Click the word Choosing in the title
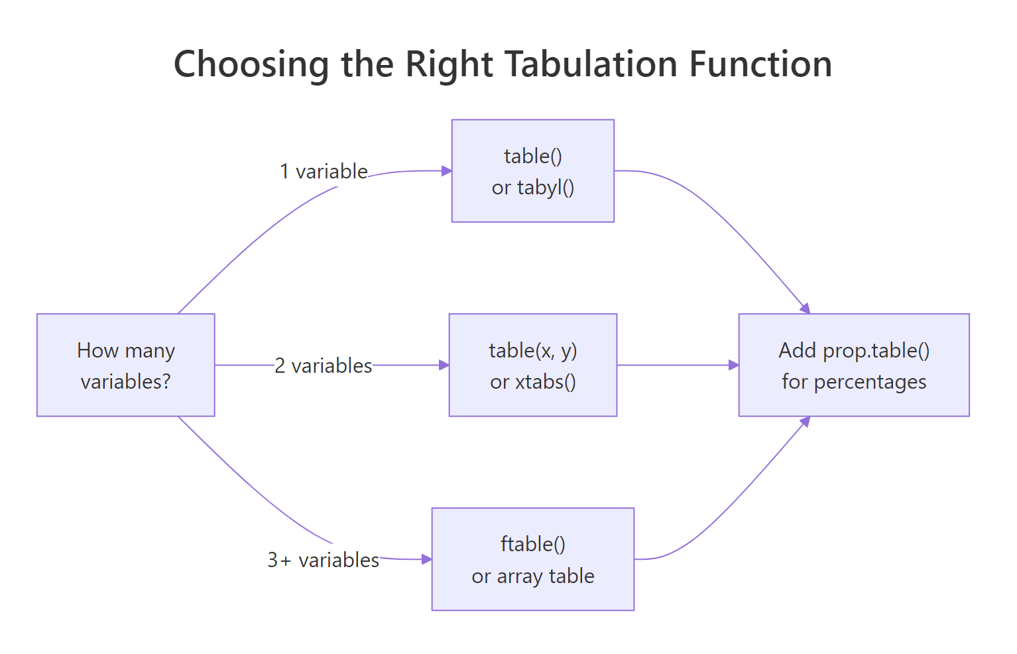(251, 65)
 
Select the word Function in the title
(760, 65)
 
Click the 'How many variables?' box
(126, 365)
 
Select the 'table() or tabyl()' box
(533, 171)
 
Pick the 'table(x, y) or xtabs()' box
(533, 365)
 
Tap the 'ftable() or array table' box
(533, 559)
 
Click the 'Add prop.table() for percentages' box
(854, 365)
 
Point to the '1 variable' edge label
(324, 172)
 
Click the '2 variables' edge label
(324, 365)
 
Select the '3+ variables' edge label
(324, 560)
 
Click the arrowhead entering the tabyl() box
(447, 171)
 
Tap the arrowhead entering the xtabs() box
(444, 365)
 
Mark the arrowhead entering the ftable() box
(427, 559)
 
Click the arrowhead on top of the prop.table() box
(806, 308)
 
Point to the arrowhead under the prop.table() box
(806, 421)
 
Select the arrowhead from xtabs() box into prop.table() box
(734, 365)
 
